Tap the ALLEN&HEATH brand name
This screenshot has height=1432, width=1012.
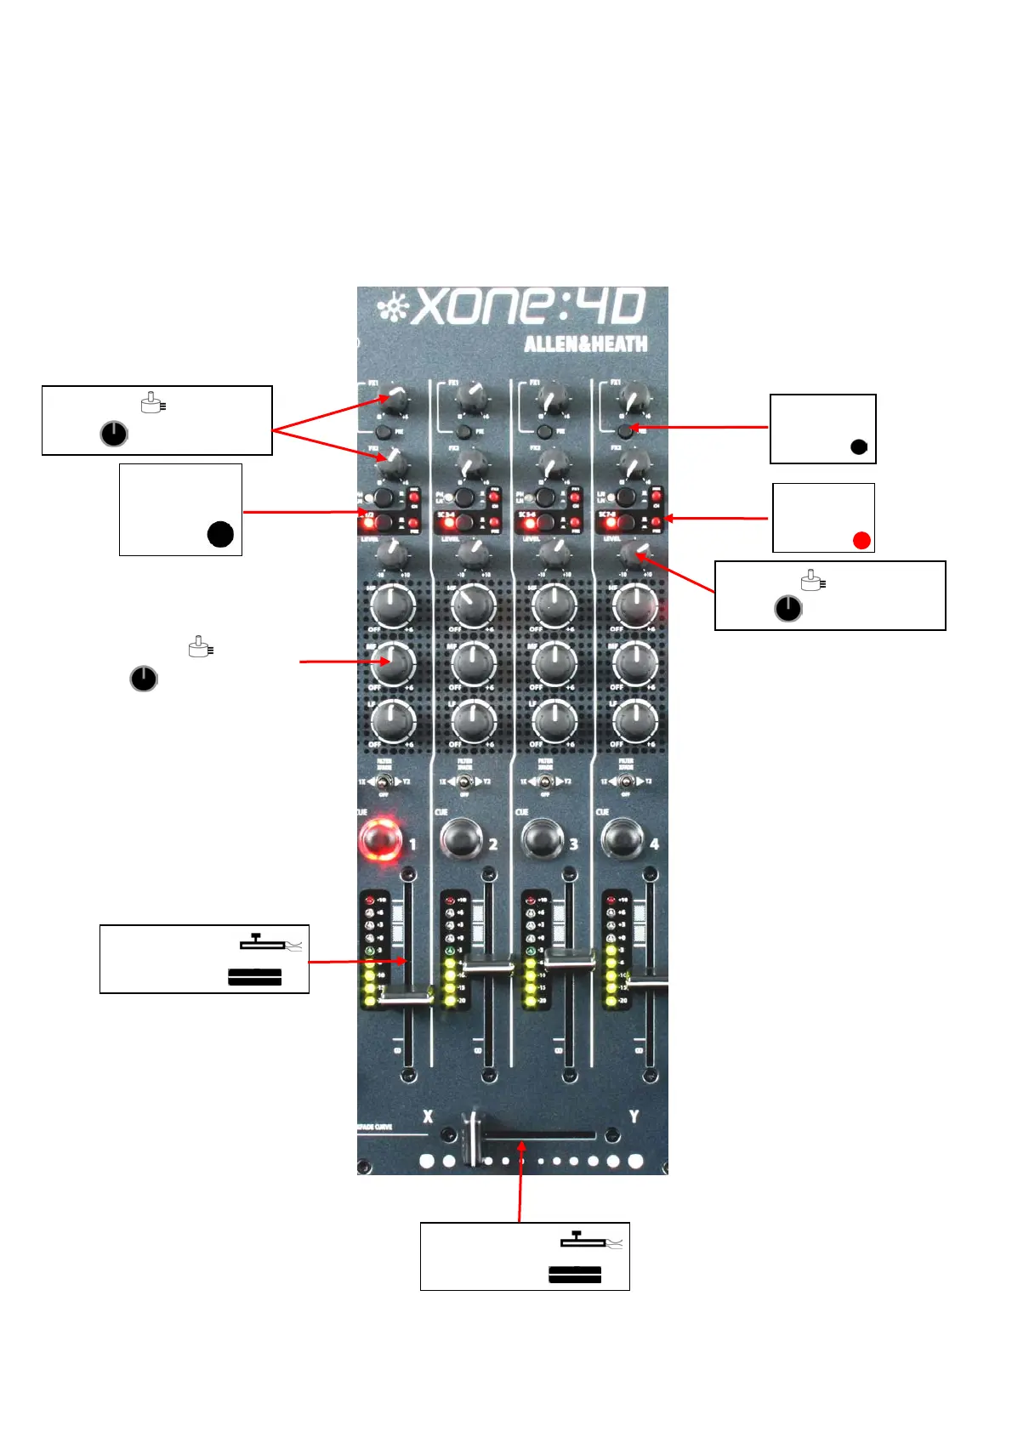click(585, 344)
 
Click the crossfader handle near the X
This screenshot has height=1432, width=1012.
click(473, 1137)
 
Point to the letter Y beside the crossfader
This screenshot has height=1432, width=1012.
click(634, 1117)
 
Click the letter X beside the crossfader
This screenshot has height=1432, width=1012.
click(428, 1117)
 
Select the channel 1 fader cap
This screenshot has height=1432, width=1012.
click(404, 997)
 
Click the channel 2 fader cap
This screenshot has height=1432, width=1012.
click(486, 965)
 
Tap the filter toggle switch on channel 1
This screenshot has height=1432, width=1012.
click(384, 781)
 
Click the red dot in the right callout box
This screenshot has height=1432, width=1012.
click(861, 540)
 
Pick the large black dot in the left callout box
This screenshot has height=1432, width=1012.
click(220, 534)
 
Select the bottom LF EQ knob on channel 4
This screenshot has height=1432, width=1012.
click(634, 722)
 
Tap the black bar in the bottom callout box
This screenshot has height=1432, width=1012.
click(575, 1274)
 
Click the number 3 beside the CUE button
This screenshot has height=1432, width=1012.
click(574, 844)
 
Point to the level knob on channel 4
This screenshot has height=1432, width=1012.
click(633, 554)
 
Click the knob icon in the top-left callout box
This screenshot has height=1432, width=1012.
click(114, 434)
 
